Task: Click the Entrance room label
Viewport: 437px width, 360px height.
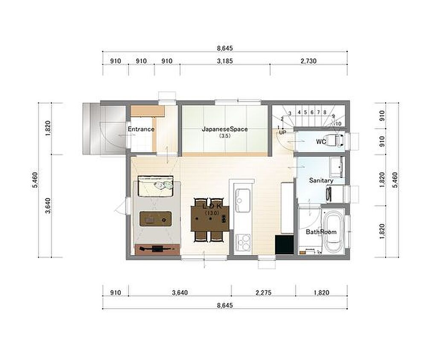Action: click(x=141, y=129)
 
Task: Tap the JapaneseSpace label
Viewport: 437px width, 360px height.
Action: click(x=224, y=129)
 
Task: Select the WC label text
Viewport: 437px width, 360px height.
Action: click(x=321, y=142)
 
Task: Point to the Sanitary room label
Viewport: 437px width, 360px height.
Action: click(x=321, y=180)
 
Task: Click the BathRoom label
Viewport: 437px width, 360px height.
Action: click(x=321, y=232)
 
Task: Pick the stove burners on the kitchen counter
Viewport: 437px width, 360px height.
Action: click(x=243, y=243)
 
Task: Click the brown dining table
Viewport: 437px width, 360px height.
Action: click(x=210, y=218)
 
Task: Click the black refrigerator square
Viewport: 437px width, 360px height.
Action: click(x=284, y=245)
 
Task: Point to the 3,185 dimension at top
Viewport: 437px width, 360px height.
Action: click(x=225, y=61)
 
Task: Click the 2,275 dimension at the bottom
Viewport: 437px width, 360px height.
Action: click(x=263, y=293)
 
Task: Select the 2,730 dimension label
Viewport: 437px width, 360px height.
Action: click(x=309, y=61)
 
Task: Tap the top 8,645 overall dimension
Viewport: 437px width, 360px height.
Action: click(x=225, y=48)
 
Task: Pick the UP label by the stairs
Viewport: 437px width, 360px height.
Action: click(x=283, y=132)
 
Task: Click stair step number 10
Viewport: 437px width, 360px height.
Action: click(x=338, y=124)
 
